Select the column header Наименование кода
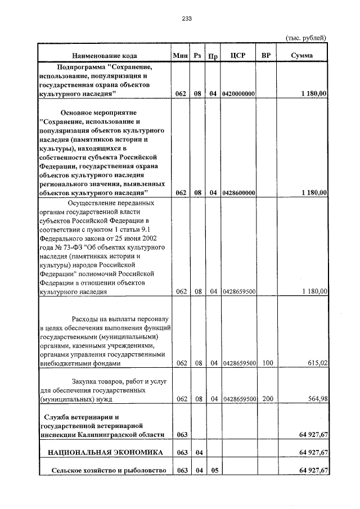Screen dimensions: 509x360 point(105,56)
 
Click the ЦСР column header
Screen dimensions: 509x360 point(238,55)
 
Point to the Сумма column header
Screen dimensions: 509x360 point(302,55)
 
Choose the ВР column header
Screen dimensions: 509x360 point(267,55)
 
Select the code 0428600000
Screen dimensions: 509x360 point(239,193)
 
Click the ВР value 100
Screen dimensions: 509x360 point(267,363)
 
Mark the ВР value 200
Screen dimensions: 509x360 point(267,399)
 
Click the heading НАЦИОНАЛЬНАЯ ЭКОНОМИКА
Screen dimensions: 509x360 point(105,452)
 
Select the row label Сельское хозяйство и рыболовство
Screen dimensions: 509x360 point(106,470)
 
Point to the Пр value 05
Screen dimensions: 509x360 point(214,470)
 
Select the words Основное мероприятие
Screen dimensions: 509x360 point(99,112)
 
